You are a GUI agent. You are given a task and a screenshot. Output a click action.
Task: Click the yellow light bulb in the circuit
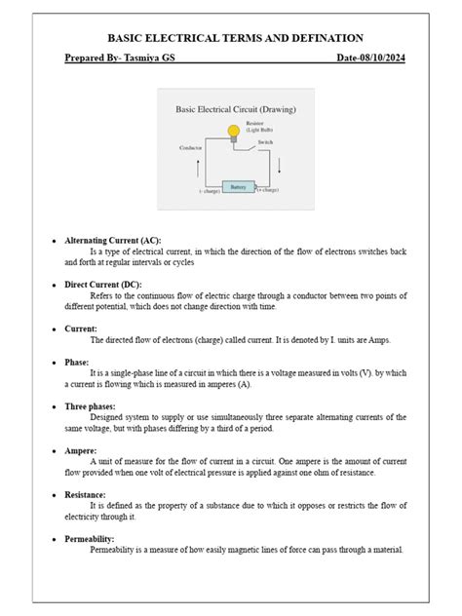coord(233,131)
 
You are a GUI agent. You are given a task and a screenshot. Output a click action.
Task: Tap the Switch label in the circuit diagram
coord(264,142)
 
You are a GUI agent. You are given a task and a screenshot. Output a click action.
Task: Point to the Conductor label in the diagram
coord(191,147)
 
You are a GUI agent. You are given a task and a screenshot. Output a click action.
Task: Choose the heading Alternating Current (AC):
coord(113,240)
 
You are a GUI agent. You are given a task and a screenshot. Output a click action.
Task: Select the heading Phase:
coord(77,362)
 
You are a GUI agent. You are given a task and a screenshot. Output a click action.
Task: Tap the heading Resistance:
coord(88,495)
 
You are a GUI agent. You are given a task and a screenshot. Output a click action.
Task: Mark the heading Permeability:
coord(90,539)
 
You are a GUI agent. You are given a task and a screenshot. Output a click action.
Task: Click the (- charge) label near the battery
coord(208,192)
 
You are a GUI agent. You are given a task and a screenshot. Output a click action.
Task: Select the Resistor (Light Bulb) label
coord(259,127)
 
